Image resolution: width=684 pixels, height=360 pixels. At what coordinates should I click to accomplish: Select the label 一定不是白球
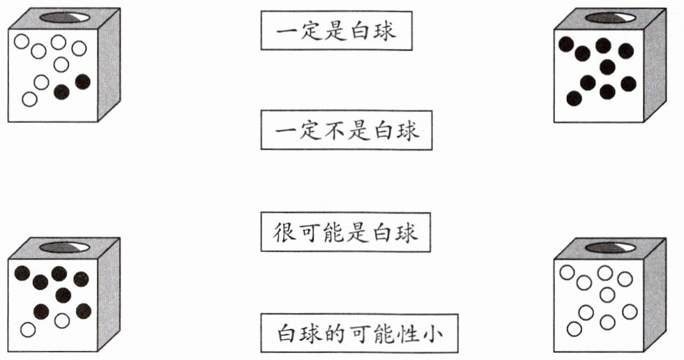click(x=347, y=130)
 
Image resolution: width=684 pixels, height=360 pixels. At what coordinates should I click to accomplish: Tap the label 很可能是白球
click(x=346, y=233)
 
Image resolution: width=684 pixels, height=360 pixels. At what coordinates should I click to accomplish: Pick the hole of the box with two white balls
click(x=64, y=248)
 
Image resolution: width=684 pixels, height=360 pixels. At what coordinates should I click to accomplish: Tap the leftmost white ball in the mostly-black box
click(x=28, y=328)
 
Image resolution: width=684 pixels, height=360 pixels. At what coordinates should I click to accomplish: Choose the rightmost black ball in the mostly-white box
click(x=83, y=82)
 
